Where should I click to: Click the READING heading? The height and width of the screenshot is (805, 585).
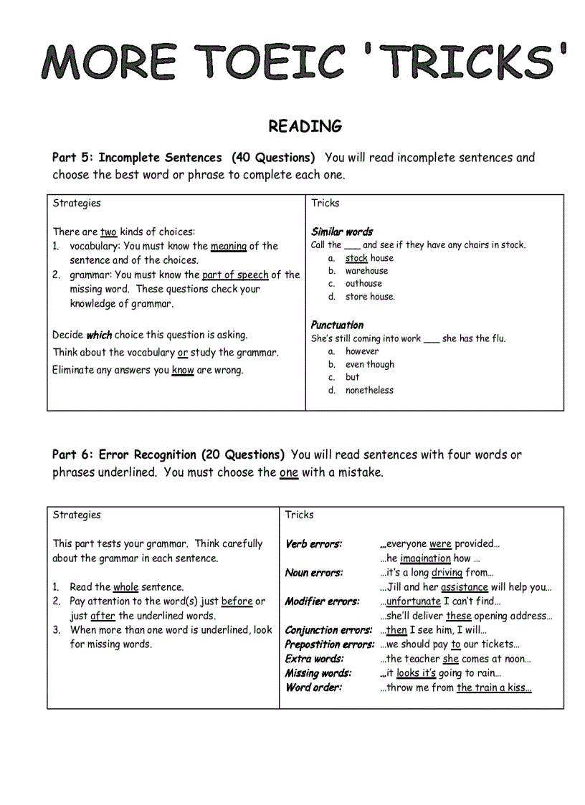point(305,126)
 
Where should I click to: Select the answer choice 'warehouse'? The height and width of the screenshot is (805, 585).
point(366,271)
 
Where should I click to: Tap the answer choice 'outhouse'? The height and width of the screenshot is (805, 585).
point(363,284)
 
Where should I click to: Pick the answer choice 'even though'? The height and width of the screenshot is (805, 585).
point(369,364)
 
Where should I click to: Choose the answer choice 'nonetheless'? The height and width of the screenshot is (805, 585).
point(369,390)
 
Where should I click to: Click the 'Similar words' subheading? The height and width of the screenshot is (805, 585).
point(342,232)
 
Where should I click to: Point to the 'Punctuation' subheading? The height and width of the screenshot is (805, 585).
point(337,325)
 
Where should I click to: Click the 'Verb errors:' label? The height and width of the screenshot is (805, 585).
point(313,544)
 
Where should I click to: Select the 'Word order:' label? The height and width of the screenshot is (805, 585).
point(313,687)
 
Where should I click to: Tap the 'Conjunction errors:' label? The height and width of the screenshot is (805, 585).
point(328,630)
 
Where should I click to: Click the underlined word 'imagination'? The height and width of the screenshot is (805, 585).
point(425,558)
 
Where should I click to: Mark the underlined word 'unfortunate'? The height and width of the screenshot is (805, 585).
point(413,601)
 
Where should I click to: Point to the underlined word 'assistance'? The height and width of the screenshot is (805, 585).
point(464,587)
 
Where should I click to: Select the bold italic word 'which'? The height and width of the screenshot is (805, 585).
point(99,335)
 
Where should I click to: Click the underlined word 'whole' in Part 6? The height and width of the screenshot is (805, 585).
point(125,587)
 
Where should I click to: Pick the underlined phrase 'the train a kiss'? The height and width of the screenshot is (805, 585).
point(493,687)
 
